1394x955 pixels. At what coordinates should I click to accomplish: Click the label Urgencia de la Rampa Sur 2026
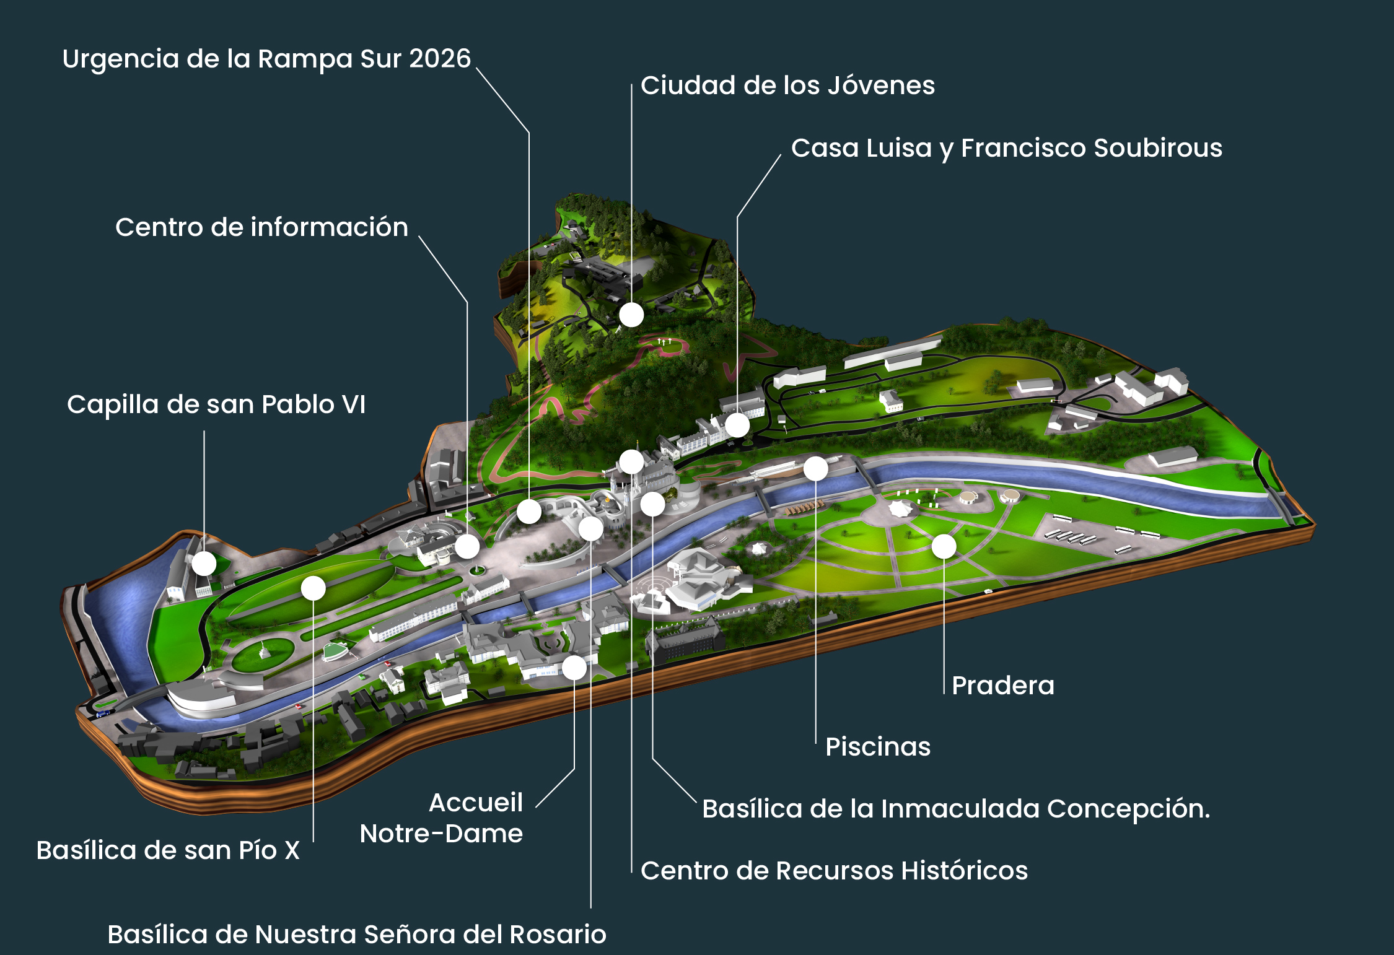(x=266, y=59)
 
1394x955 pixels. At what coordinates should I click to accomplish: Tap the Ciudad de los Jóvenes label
(x=787, y=85)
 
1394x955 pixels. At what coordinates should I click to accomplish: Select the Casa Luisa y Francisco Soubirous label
(x=1006, y=148)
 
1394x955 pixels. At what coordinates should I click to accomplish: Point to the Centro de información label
(x=261, y=227)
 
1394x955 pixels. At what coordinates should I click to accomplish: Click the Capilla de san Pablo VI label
(x=216, y=404)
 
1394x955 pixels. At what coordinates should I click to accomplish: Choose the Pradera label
(x=1002, y=686)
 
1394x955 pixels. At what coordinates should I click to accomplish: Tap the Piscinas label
(x=877, y=747)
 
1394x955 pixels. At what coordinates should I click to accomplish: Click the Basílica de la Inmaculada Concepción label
(x=955, y=809)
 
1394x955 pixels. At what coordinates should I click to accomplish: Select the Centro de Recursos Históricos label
(x=834, y=871)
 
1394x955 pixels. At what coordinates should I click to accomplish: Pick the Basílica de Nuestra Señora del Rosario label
(x=357, y=935)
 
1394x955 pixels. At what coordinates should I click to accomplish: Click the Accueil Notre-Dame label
(x=441, y=818)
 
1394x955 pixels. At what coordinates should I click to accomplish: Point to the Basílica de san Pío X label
(x=168, y=850)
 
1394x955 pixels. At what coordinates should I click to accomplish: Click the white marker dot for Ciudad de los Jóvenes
(x=631, y=315)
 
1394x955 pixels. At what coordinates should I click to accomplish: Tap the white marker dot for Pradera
(x=944, y=546)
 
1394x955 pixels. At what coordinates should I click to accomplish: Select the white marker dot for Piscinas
(x=815, y=469)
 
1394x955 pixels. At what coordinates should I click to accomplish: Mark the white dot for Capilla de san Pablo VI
(x=204, y=564)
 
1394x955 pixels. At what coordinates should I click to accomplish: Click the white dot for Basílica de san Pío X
(x=313, y=588)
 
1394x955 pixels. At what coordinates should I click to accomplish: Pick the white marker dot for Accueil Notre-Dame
(x=574, y=668)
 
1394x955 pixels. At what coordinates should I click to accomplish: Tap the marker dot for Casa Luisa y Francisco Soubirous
(x=737, y=425)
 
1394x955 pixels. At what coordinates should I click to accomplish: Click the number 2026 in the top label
(x=440, y=59)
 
